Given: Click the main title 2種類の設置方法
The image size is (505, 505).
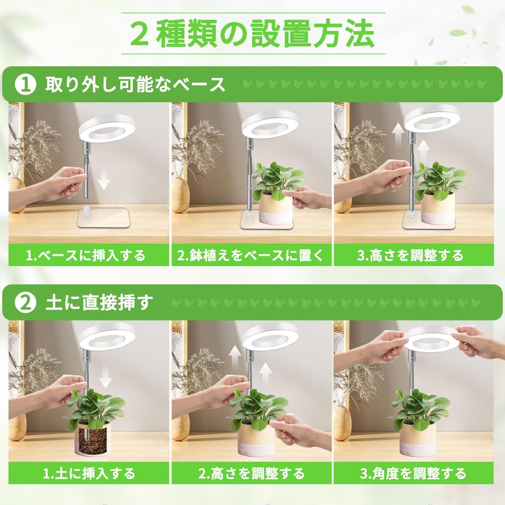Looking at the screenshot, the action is coord(252,33).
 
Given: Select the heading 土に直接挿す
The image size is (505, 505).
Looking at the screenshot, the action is coord(99,303).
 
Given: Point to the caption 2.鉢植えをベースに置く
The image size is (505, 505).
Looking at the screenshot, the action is coord(251,255).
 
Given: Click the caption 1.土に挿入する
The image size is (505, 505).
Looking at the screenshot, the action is coord(89,473).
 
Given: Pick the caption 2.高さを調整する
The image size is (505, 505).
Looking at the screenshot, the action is coord(252,473).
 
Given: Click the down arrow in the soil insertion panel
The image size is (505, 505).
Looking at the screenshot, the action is coord(105,377).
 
